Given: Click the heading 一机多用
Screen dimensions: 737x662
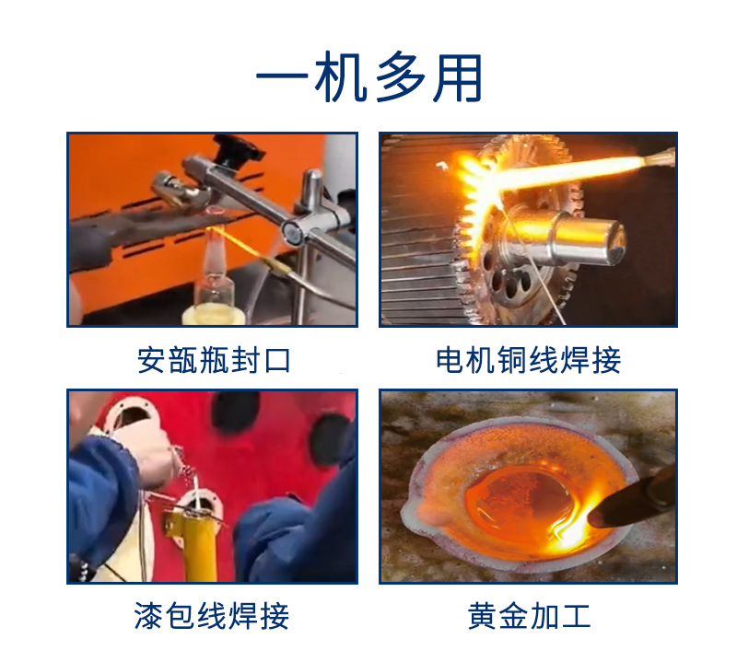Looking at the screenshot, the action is tap(369, 78).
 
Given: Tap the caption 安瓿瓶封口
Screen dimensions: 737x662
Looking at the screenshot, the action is tap(214, 360).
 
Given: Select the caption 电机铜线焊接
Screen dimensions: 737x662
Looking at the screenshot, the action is tap(528, 360).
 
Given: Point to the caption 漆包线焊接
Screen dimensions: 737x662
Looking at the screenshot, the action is tap(212, 615).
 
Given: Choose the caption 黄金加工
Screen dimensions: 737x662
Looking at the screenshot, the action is tap(529, 615).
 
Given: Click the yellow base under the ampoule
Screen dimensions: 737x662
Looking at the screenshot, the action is tap(214, 315).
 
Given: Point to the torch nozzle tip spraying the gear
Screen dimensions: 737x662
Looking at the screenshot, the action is tap(659, 156).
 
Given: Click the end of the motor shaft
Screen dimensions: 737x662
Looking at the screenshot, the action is tap(614, 241).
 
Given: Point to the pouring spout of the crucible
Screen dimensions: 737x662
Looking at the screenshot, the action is tap(416, 513).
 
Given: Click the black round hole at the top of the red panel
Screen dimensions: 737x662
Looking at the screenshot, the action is tap(235, 410).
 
